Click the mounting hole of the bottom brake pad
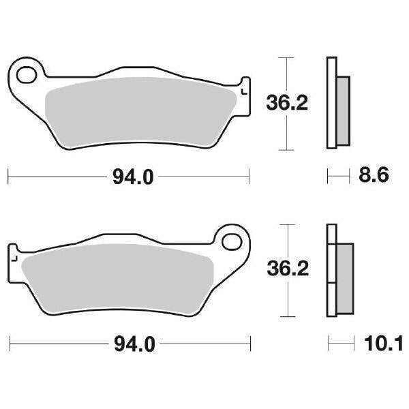pos(232,241)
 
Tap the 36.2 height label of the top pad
pos(286,104)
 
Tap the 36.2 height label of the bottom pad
pos(286,269)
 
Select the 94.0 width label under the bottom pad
pos(134,345)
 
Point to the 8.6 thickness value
pos(373,177)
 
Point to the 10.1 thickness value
pos(374,344)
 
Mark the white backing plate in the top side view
pos(331,102)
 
